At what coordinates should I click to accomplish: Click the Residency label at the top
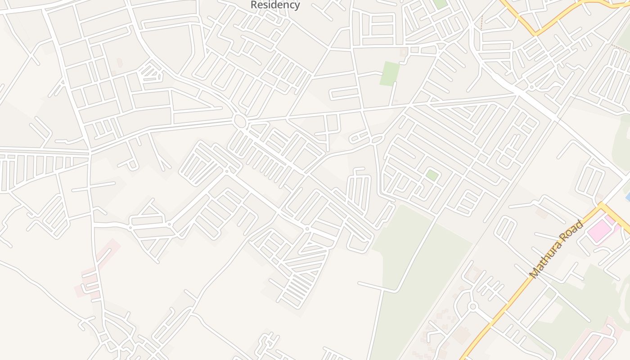[x=275, y=5]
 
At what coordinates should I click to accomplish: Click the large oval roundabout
[x=240, y=121]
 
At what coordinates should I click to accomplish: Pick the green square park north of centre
[x=390, y=73]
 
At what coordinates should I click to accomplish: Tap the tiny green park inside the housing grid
[x=432, y=175]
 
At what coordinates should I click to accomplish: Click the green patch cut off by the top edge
[x=440, y=4]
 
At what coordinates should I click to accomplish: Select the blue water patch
[x=628, y=197]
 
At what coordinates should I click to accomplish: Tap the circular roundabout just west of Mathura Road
[x=472, y=307]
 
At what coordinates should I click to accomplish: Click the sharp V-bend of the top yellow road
[x=535, y=34]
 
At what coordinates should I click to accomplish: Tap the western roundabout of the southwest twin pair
[x=130, y=228]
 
